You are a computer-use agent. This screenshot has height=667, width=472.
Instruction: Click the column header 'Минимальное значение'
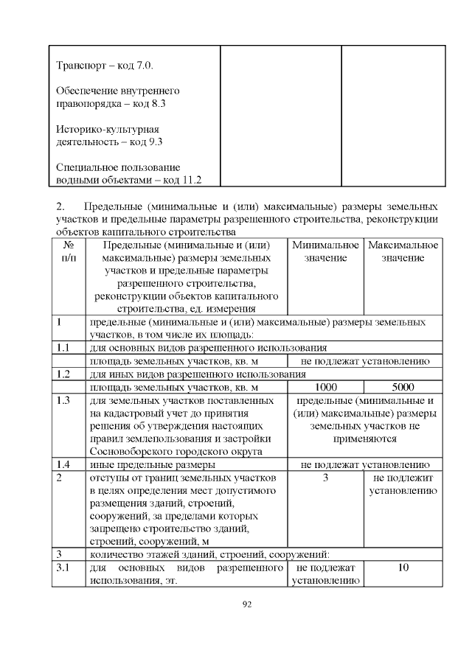point(325,251)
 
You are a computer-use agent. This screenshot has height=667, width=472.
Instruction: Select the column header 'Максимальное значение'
point(403,251)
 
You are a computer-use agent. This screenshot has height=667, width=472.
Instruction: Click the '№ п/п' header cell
point(68,251)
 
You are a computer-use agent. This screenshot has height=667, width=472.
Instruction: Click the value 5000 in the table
point(403,387)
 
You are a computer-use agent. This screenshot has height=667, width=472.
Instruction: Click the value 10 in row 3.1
point(403,568)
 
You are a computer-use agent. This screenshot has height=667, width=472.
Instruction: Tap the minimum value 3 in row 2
point(325,478)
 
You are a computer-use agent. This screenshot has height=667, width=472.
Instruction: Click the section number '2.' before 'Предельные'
point(61,205)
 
